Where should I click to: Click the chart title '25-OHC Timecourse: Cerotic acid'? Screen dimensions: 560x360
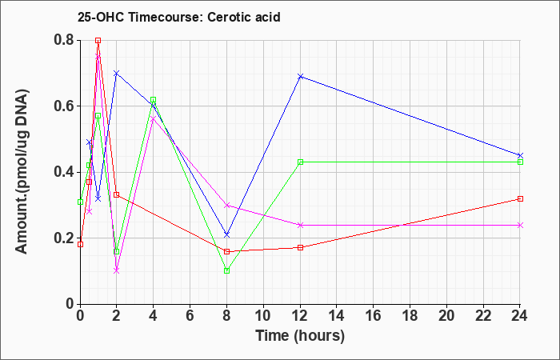click(179, 17)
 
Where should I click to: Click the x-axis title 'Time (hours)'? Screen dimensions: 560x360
click(300, 336)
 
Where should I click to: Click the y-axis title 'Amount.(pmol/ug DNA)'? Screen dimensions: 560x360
click(22, 172)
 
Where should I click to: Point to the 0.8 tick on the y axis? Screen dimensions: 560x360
click(64, 40)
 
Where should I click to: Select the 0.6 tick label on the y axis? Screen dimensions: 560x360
click(64, 106)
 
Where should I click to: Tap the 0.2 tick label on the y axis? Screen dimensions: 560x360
click(64, 238)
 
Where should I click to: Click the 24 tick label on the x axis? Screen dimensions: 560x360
click(520, 316)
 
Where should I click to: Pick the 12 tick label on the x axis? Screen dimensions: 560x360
click(300, 316)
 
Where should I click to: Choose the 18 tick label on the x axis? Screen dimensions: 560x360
click(410, 316)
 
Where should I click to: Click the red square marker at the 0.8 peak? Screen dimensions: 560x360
click(98, 40)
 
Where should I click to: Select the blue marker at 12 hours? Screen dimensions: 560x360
click(300, 77)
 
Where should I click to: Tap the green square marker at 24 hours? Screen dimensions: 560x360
click(520, 162)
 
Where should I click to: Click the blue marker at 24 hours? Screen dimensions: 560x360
click(520, 155)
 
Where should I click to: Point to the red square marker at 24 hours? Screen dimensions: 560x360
click(520, 198)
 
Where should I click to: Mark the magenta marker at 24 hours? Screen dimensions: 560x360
click(520, 225)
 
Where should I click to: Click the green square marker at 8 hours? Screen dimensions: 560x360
click(226, 270)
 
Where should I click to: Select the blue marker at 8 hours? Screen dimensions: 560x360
click(226, 234)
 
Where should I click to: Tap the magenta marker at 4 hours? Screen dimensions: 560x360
click(154, 119)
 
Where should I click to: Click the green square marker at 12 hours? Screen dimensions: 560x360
click(300, 162)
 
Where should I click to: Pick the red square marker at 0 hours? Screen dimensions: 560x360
click(80, 245)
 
